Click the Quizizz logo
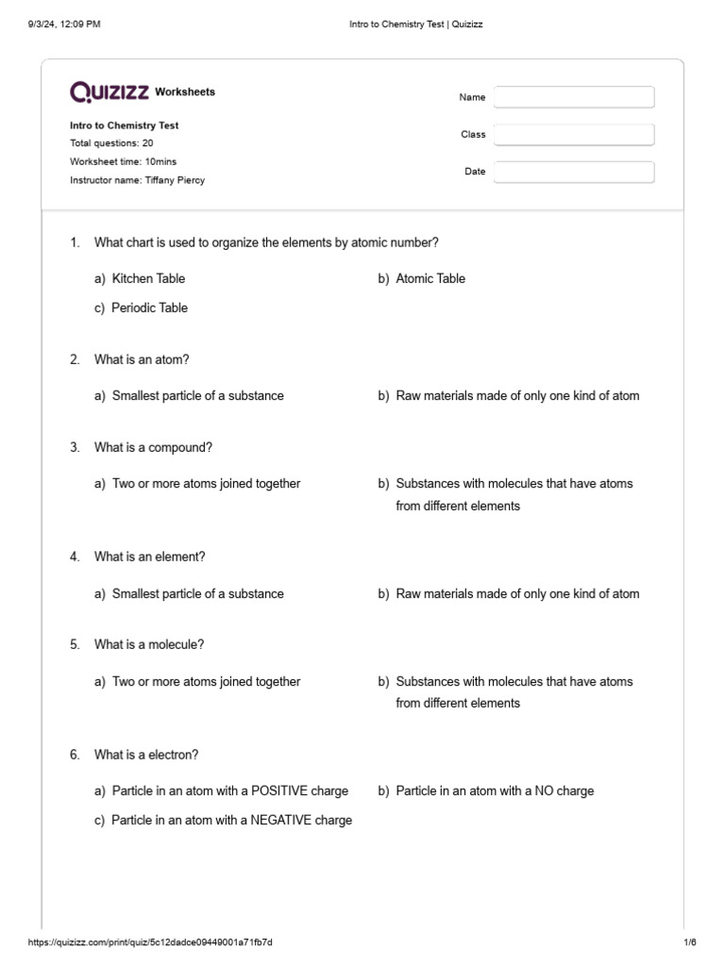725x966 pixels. (110, 92)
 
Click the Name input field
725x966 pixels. (573, 97)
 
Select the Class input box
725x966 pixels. (573, 135)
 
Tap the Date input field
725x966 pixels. (573, 172)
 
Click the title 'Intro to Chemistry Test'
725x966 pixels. (124, 125)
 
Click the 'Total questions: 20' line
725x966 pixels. (111, 143)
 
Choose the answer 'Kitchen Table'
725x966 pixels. (148, 278)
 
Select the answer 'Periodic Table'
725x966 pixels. (149, 308)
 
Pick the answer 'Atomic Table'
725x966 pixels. (430, 278)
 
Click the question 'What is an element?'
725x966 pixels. (149, 557)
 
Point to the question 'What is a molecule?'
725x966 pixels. (149, 644)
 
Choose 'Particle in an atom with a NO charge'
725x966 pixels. (495, 791)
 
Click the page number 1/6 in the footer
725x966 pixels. (689, 942)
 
